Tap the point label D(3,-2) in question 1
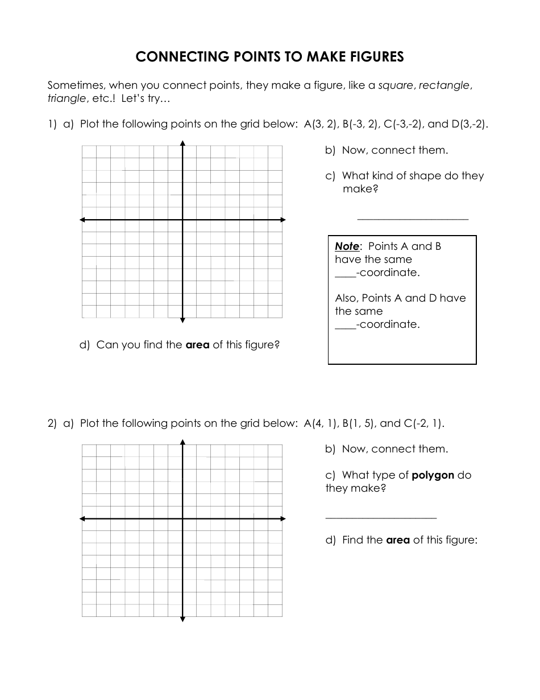click(x=469, y=124)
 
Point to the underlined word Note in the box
click(x=347, y=246)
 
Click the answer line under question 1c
click(x=413, y=219)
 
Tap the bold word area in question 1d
click(x=198, y=345)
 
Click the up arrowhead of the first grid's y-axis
click(x=182, y=142)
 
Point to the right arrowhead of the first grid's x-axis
click(x=283, y=220)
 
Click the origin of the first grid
click(x=182, y=220)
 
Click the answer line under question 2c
click(x=381, y=518)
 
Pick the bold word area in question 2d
click(x=398, y=540)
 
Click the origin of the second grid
click(x=182, y=518)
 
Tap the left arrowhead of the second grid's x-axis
click(x=82, y=518)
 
